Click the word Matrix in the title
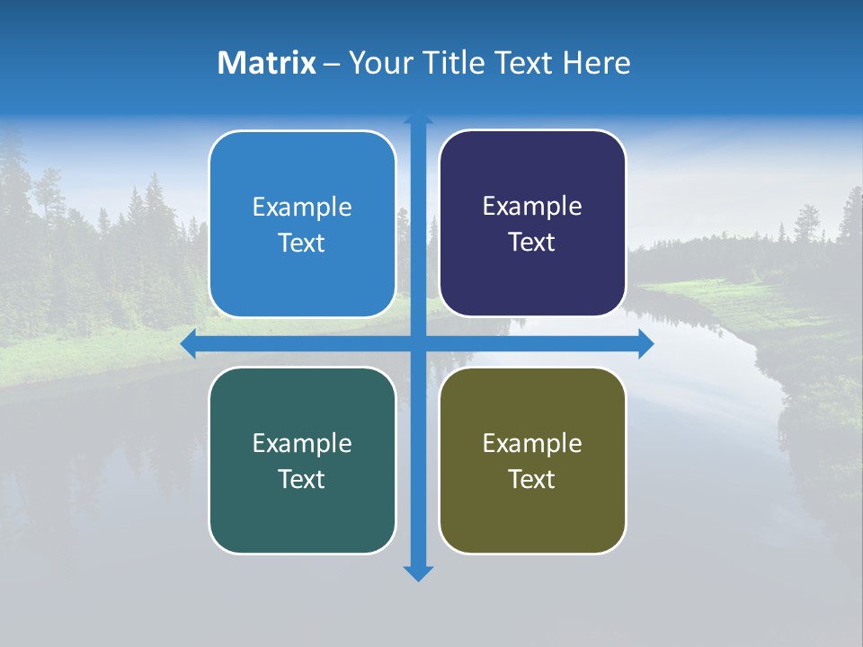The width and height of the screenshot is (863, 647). pyautogui.click(x=267, y=63)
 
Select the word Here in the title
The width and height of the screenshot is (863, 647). pyautogui.click(x=596, y=63)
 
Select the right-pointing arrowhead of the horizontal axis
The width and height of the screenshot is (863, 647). pyautogui.click(x=645, y=343)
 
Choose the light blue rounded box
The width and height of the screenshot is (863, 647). pyautogui.click(x=302, y=224)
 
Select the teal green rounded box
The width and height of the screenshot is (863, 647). pyautogui.click(x=302, y=460)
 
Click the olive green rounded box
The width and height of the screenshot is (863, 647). pyautogui.click(x=532, y=460)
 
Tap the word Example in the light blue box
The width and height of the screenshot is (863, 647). pyautogui.click(x=302, y=208)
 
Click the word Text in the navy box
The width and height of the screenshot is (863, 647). pyautogui.click(x=532, y=243)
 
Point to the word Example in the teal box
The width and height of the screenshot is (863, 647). pyautogui.click(x=302, y=443)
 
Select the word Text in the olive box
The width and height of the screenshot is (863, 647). pyautogui.click(x=532, y=479)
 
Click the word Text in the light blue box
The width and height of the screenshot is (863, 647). pyautogui.click(x=302, y=244)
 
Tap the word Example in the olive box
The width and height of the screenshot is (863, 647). pyautogui.click(x=532, y=443)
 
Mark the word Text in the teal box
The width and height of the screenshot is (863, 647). pyautogui.click(x=302, y=479)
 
